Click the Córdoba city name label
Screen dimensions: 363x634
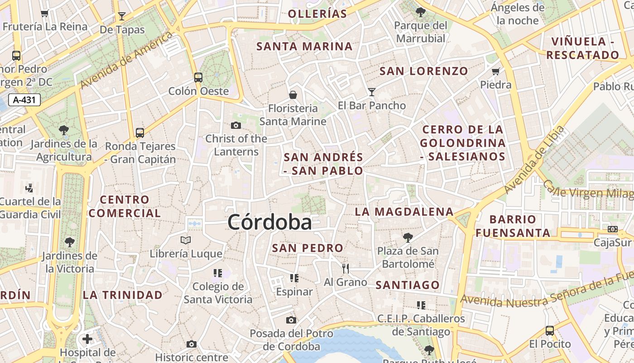(270, 222)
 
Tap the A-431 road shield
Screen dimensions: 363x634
(24, 100)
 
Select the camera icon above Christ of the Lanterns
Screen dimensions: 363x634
(236, 125)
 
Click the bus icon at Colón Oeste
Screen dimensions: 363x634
(198, 77)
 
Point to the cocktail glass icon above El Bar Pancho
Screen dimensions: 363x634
(372, 92)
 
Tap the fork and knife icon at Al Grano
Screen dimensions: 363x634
(346, 269)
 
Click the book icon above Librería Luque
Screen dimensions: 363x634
(186, 240)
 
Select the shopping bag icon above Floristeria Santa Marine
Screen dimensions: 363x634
(293, 95)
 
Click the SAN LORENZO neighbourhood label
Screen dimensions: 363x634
(423, 71)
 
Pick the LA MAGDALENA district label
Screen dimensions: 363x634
(404, 212)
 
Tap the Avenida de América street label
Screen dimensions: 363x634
(127, 60)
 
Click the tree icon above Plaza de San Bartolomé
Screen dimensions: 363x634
(408, 237)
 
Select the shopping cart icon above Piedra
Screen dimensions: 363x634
(496, 71)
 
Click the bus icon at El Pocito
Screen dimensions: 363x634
(550, 330)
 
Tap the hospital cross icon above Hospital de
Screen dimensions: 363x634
(87, 338)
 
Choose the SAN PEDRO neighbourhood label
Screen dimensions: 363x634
(307, 248)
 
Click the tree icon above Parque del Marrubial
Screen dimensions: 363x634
(421, 12)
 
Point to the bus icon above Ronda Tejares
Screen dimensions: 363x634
(140, 132)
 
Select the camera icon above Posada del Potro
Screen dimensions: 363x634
(291, 320)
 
